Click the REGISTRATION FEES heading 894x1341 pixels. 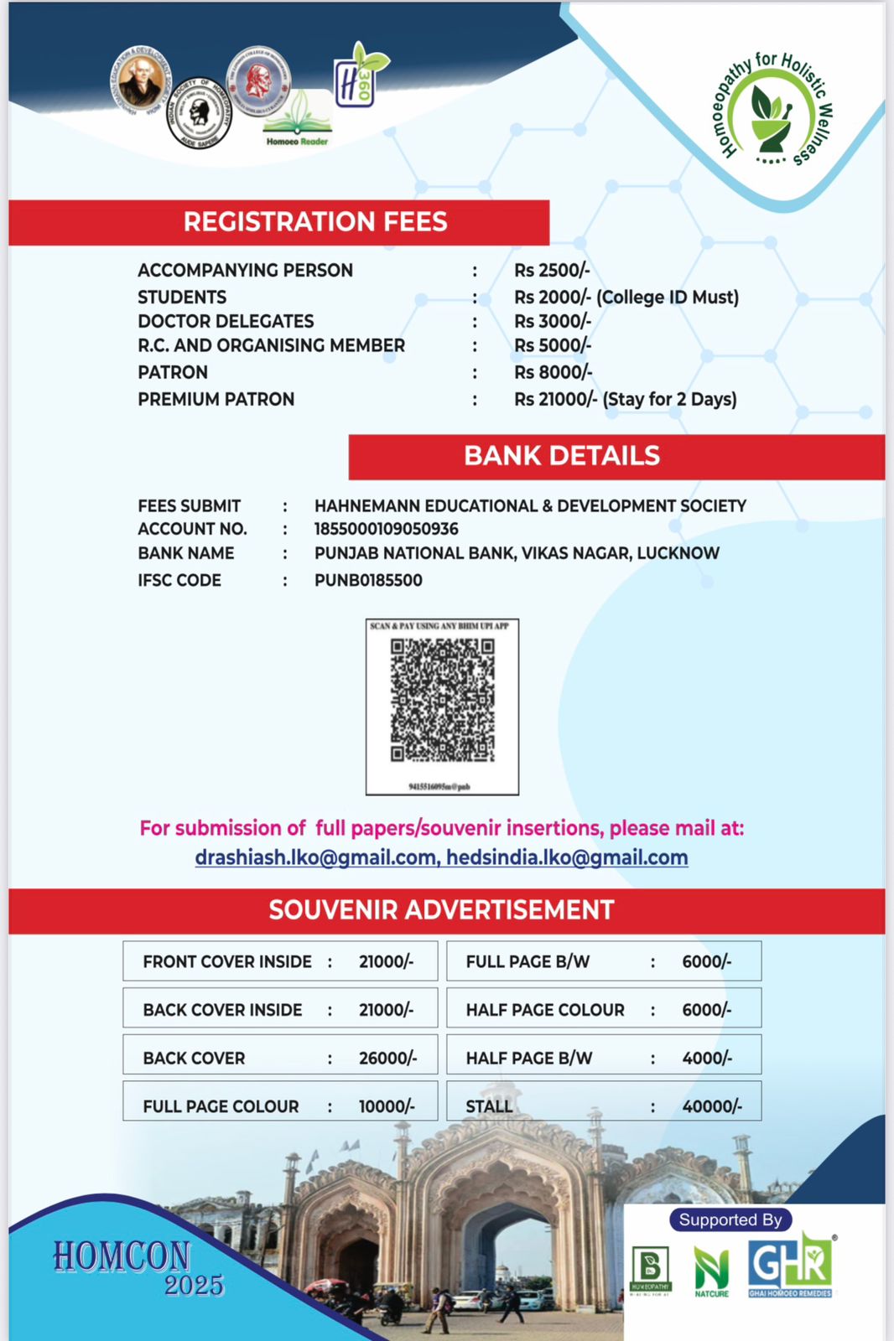[x=315, y=222]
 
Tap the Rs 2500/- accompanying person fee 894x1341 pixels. [x=552, y=271]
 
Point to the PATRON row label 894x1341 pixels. [x=173, y=372]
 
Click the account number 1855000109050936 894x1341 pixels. [x=386, y=529]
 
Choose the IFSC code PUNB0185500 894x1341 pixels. [x=368, y=580]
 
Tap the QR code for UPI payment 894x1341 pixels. [x=442, y=701]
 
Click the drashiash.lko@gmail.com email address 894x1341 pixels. [x=316, y=857]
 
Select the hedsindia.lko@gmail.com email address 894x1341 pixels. [x=567, y=857]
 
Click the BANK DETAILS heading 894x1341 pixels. [x=562, y=456]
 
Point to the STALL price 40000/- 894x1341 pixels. [x=712, y=1106]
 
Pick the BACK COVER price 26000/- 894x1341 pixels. [x=387, y=1058]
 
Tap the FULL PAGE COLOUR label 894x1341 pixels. [x=221, y=1106]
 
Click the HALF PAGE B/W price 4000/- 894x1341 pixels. [x=707, y=1058]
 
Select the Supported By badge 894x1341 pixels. [x=730, y=1220]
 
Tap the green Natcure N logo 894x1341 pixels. [x=711, y=1270]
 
